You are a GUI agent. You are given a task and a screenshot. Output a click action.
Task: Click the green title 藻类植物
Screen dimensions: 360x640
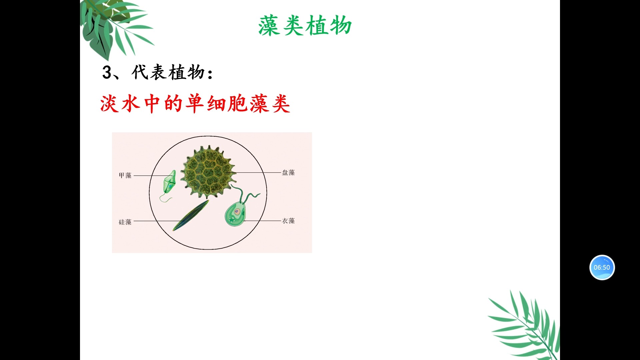tap(305, 26)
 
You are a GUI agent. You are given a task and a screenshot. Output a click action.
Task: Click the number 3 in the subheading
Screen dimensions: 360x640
tap(107, 72)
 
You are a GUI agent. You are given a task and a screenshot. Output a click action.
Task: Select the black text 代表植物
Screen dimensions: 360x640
tap(168, 72)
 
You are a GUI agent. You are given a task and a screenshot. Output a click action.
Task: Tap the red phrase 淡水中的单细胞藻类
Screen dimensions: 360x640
tap(195, 104)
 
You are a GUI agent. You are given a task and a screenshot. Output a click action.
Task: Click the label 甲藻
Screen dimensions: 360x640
tap(125, 176)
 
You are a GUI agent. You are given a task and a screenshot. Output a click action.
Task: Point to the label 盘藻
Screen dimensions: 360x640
tap(288, 173)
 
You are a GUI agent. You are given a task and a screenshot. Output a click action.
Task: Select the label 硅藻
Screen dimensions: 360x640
tap(125, 222)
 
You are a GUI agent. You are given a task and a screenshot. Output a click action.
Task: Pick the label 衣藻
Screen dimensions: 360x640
tap(288, 221)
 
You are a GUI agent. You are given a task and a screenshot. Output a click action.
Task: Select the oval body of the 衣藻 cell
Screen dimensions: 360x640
tap(235, 215)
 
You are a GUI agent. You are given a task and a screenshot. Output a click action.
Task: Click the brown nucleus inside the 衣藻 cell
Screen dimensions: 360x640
tap(237, 211)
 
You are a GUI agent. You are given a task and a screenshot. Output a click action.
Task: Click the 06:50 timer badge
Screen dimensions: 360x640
tap(602, 267)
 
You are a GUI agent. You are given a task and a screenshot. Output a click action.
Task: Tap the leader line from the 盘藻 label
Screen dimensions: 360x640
tap(257, 172)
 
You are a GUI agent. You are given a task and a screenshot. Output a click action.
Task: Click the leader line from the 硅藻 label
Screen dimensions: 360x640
tap(153, 221)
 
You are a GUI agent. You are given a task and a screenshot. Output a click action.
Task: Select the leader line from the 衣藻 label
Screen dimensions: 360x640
tap(263, 221)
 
